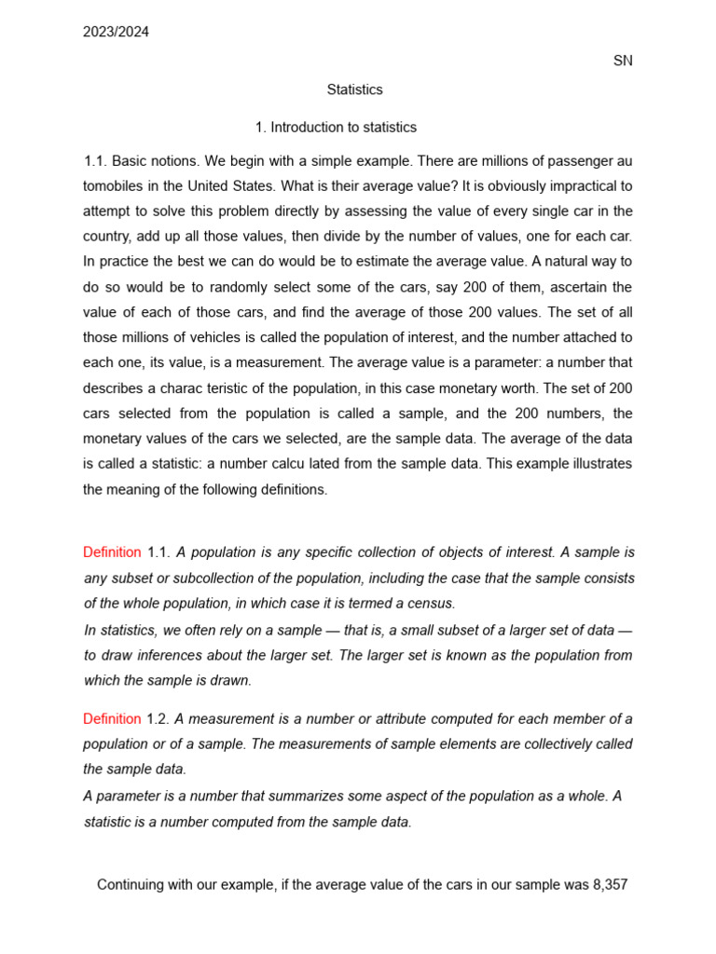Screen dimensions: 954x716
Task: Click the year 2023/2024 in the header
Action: (116, 32)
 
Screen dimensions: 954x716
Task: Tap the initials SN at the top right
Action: (623, 61)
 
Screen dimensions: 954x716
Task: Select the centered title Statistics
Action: (354, 89)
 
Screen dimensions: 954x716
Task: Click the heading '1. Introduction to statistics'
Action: (336, 127)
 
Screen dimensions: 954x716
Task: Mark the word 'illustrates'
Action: (598, 463)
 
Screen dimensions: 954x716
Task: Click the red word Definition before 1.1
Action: (112, 552)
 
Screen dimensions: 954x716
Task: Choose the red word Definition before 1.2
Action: (112, 718)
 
